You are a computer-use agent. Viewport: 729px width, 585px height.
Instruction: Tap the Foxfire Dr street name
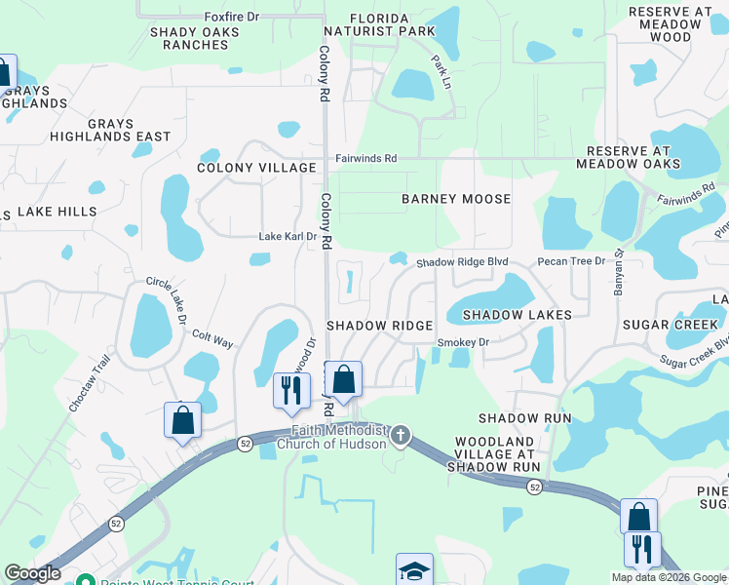(x=232, y=18)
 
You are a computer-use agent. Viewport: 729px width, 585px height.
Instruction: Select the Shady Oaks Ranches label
(x=195, y=38)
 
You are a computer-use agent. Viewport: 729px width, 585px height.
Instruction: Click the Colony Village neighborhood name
(x=256, y=168)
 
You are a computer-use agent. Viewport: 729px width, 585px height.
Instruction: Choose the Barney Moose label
(x=456, y=199)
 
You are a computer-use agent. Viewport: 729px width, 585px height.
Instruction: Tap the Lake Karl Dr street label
(x=288, y=237)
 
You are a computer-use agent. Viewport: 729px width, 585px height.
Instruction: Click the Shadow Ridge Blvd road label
(x=463, y=263)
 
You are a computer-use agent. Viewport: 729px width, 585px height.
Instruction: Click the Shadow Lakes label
(x=517, y=315)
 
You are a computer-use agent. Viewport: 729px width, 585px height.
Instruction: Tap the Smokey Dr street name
(x=463, y=342)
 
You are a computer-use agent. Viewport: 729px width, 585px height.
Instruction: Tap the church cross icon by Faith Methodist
(x=401, y=436)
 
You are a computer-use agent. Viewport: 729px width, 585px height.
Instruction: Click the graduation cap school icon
(x=414, y=569)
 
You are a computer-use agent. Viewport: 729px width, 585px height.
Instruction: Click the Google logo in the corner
(x=32, y=574)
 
